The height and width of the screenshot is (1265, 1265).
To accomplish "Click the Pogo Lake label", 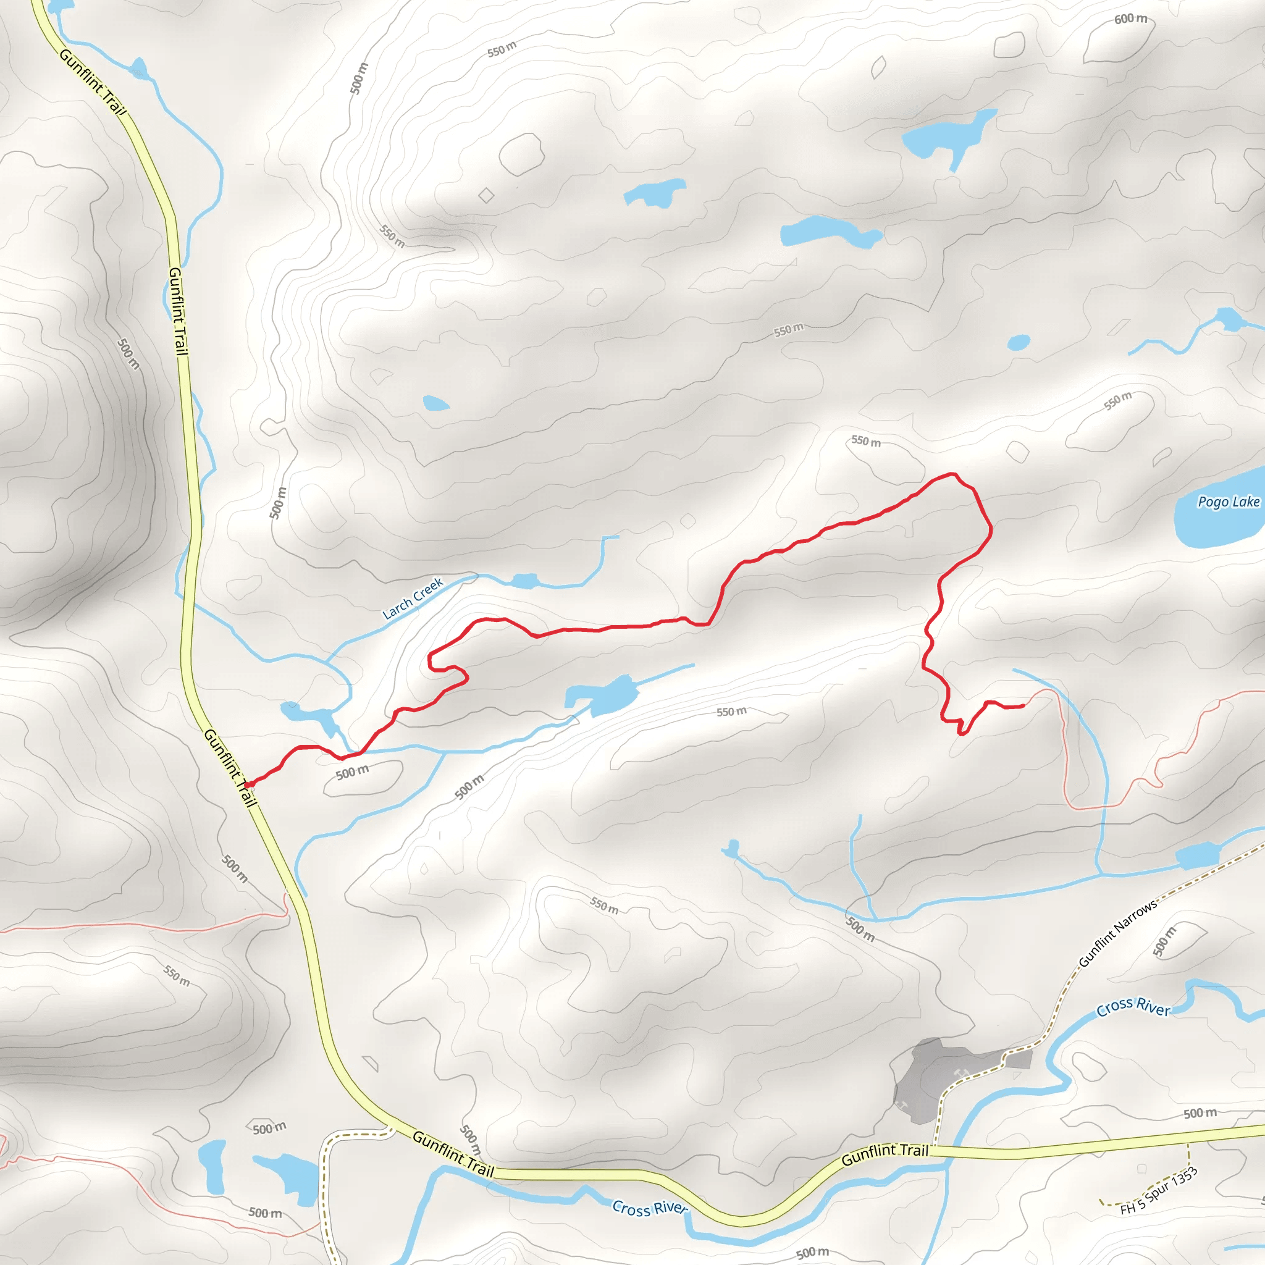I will point(1228,502).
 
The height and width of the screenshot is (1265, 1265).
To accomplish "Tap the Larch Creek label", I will point(413,598).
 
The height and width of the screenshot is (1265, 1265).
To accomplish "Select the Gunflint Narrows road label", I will point(1117,932).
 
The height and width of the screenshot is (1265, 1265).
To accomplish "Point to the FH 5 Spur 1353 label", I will point(1158,1191).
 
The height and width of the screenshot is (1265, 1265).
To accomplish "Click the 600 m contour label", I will point(1130,19).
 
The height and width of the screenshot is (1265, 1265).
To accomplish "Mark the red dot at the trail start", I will point(250,784).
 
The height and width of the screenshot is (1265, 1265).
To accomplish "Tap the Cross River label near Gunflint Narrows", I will point(1133,1007).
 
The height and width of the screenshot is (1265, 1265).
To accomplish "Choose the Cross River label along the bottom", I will point(650,1208).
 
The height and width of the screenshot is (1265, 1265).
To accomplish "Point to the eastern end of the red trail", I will point(1023,706).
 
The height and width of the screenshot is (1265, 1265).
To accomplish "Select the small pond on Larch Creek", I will point(524,581).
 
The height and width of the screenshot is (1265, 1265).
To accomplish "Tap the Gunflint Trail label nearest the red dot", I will point(229,767).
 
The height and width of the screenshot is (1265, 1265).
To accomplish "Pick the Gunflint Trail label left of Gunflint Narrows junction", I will point(885,1154).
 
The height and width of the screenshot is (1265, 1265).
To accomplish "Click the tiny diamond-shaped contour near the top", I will point(486,195).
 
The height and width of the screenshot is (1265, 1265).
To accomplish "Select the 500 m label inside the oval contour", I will point(352,773).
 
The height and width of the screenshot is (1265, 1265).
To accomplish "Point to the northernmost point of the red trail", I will point(952,473).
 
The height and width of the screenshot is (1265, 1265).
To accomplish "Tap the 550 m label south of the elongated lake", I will point(731,712).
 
